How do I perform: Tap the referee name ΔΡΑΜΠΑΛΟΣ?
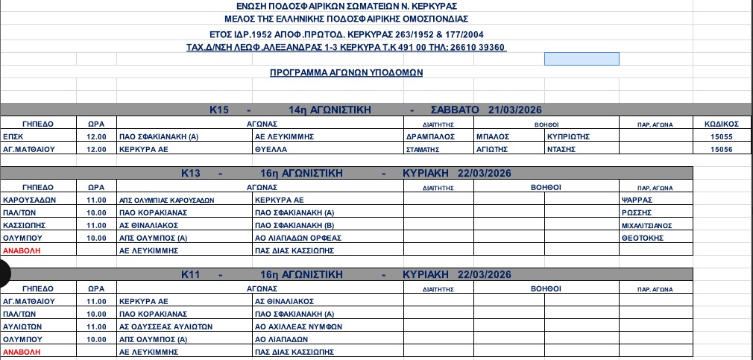click(429, 136)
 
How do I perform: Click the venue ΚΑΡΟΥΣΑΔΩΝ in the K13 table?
click(28, 200)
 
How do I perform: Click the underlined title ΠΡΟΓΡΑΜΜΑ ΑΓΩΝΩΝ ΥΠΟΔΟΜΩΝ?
click(346, 72)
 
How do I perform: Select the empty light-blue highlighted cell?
click(582, 59)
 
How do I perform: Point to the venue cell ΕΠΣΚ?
click(13, 136)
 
